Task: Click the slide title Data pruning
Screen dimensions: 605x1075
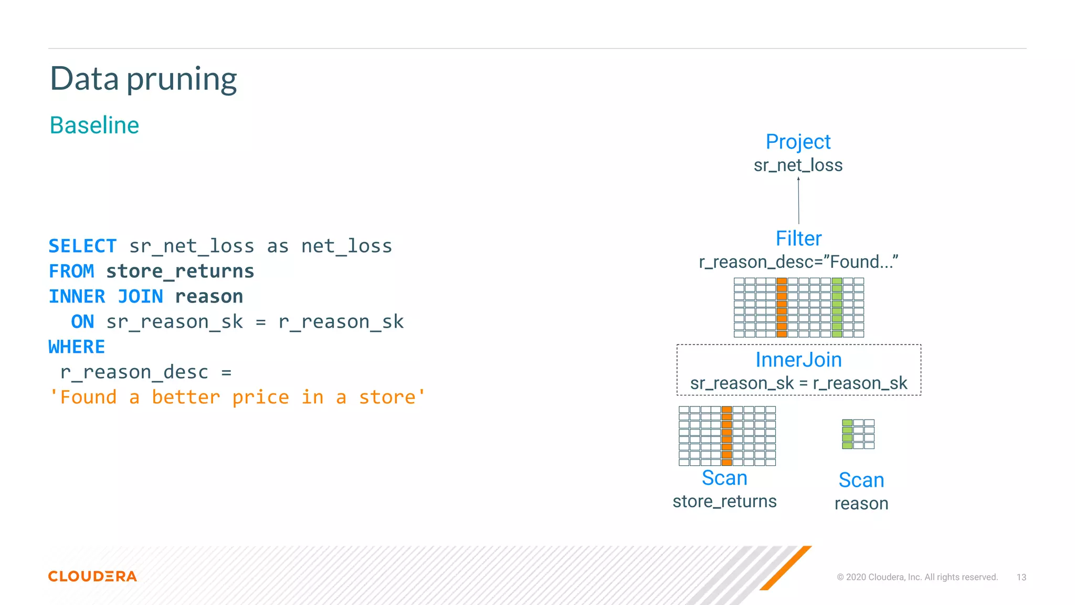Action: click(143, 79)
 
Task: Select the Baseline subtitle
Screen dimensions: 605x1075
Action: click(94, 126)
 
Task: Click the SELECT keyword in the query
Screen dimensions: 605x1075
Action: click(82, 246)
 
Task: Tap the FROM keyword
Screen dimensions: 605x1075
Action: click(71, 271)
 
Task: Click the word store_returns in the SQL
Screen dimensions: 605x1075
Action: click(180, 271)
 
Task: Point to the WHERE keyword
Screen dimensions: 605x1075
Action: click(77, 347)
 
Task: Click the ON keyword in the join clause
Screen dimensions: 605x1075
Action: click(82, 321)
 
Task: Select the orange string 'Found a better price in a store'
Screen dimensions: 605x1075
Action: click(237, 397)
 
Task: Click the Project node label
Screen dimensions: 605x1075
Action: click(798, 142)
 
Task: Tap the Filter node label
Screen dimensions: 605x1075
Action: click(798, 238)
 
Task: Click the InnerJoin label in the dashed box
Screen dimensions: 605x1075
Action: click(798, 360)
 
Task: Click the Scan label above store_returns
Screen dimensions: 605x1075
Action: click(724, 478)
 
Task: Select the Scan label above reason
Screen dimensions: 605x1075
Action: click(861, 480)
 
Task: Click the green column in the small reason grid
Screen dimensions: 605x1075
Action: click(847, 434)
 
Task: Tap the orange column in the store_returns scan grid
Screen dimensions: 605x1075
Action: click(726, 436)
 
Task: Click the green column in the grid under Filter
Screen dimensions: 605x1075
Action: click(837, 308)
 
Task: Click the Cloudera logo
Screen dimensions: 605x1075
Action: click(92, 576)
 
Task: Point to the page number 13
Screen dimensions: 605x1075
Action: click(1021, 577)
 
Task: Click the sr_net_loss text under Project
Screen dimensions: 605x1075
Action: click(798, 165)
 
